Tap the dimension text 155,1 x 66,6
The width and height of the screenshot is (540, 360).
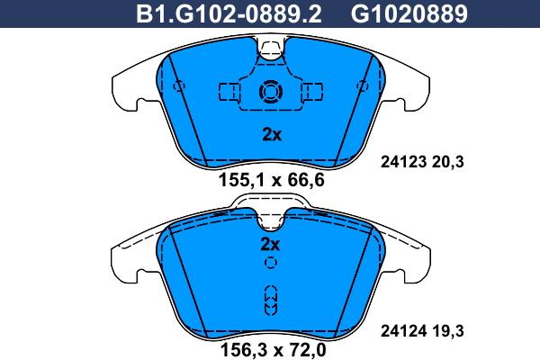coord(271,180)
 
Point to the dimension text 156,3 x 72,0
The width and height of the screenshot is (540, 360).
coord(271,346)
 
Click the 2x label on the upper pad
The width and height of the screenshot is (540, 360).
coord(271,135)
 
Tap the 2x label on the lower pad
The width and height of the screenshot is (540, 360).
coord(271,244)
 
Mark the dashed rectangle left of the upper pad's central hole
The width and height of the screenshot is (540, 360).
coord(229,91)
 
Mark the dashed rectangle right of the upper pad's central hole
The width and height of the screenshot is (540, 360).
coord(312,91)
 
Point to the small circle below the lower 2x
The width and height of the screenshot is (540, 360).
coord(270,263)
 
